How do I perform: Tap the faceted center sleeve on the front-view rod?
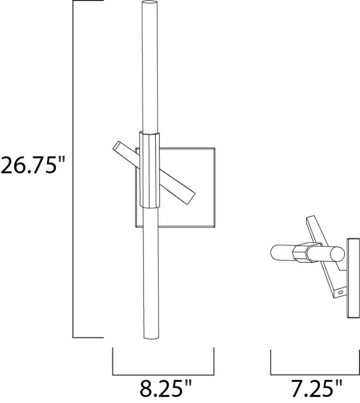click(148, 169)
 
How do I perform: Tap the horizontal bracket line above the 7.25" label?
click(315, 373)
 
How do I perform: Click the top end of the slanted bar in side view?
click(311, 220)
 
